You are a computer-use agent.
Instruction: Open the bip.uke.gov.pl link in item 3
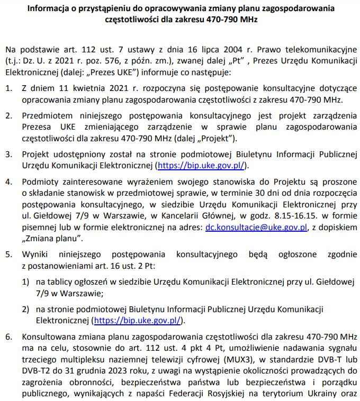(201, 166)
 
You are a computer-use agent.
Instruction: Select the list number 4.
(9, 181)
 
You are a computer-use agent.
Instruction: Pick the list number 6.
(9, 336)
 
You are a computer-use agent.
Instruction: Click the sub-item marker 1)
(26, 282)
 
